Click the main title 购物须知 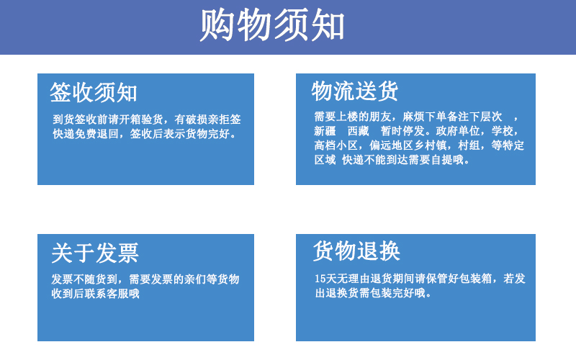pyautogui.click(x=272, y=25)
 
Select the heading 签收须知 pyautogui.click(x=94, y=92)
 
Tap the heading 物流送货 pyautogui.click(x=355, y=91)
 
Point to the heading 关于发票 pyautogui.click(x=95, y=253)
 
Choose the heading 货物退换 pyautogui.click(x=356, y=251)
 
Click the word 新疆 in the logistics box pyautogui.click(x=325, y=131)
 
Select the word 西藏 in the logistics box pyautogui.click(x=358, y=131)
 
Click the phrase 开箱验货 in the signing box pyautogui.click(x=141, y=120)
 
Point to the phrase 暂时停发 pyautogui.click(x=402, y=131)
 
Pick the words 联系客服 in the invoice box pyautogui.click(x=107, y=294)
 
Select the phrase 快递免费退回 pyautogui.click(x=86, y=134)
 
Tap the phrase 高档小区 pyautogui.click(x=336, y=145)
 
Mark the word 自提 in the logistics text pyautogui.click(x=442, y=160)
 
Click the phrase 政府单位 pyautogui.click(x=458, y=131)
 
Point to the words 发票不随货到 pyautogui.click(x=84, y=279)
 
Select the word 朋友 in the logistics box pyautogui.click(x=380, y=117)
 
